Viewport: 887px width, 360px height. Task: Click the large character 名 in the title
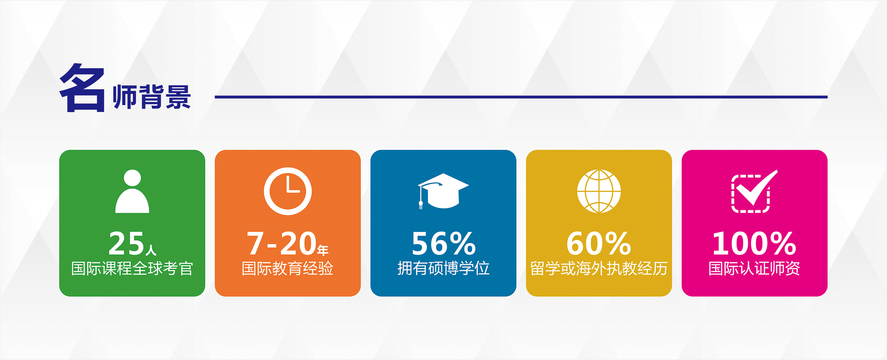click(82, 88)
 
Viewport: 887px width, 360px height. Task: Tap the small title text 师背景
click(152, 97)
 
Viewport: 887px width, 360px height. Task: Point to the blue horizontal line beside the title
click(521, 97)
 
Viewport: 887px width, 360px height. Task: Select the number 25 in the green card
click(126, 243)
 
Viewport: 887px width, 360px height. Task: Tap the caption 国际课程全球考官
click(132, 269)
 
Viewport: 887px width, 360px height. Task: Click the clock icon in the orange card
click(288, 191)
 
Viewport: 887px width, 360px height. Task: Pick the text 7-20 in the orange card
click(282, 243)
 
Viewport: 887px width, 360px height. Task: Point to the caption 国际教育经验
click(288, 269)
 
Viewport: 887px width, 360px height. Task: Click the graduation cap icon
click(443, 191)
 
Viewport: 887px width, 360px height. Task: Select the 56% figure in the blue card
click(443, 243)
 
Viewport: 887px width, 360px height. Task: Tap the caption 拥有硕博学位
click(443, 269)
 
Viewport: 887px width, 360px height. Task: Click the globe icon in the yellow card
click(599, 191)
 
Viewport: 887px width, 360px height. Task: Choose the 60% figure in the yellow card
click(599, 243)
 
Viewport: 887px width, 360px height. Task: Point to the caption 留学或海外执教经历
click(599, 269)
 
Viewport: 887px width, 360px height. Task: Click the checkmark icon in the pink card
click(754, 191)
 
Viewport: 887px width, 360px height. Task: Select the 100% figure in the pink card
click(754, 243)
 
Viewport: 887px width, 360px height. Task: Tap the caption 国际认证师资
click(754, 269)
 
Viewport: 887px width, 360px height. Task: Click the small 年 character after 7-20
click(323, 250)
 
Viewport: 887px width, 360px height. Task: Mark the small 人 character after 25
click(151, 250)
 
